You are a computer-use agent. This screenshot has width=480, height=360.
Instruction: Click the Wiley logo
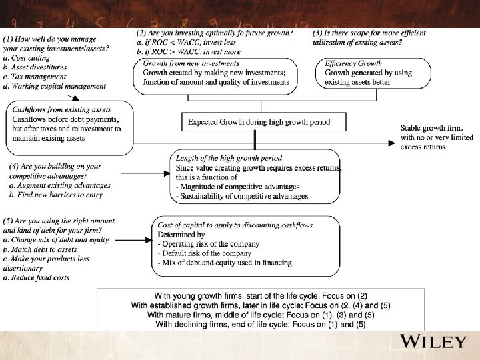tap(433, 343)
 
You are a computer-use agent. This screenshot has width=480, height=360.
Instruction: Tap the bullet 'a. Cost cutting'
tap(27, 58)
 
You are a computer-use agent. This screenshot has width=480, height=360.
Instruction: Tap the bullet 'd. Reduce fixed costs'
tap(37, 277)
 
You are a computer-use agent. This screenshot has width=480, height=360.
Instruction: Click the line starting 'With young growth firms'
tap(261, 295)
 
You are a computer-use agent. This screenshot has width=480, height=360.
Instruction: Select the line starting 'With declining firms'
tap(261, 323)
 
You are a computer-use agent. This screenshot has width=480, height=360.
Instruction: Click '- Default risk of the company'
tap(209, 253)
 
